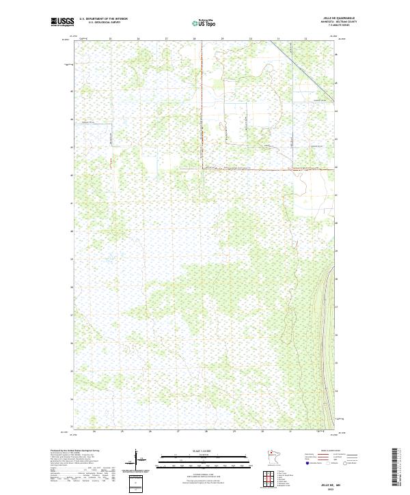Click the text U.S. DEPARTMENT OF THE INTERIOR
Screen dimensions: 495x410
pyautogui.click(x=103, y=19)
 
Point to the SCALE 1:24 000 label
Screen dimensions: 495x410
pyautogui.click(x=195, y=451)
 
